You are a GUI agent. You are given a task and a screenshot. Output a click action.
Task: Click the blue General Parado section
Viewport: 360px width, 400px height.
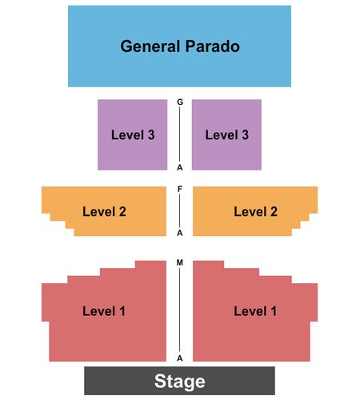click(x=179, y=46)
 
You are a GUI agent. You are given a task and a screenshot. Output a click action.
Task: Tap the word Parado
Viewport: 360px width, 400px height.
click(x=213, y=46)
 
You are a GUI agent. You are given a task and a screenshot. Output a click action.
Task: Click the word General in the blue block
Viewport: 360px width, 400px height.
click(x=150, y=46)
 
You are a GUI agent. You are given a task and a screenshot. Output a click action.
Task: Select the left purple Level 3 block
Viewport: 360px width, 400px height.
click(x=132, y=134)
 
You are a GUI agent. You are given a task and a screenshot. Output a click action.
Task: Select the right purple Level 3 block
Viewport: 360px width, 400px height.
click(x=226, y=134)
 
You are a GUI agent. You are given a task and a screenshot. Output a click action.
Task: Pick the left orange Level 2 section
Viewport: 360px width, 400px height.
click(x=106, y=211)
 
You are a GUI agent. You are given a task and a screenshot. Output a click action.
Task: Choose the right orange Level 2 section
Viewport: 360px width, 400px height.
click(x=253, y=211)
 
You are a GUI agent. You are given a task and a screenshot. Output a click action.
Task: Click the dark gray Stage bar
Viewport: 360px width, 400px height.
click(x=179, y=381)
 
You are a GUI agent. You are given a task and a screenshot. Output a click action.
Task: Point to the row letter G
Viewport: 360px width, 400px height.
click(x=180, y=102)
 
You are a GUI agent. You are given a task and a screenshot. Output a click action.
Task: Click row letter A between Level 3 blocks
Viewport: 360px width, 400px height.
click(x=180, y=167)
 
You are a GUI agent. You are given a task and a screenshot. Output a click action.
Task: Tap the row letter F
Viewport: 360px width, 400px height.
click(x=180, y=189)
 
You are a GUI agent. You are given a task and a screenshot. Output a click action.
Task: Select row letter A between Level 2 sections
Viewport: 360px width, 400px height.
click(x=180, y=233)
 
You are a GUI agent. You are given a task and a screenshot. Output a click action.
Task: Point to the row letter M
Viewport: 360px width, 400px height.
click(x=180, y=262)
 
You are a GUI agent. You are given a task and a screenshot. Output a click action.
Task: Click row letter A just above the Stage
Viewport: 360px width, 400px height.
click(x=180, y=358)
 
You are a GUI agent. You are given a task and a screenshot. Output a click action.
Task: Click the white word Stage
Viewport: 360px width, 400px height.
click(x=180, y=382)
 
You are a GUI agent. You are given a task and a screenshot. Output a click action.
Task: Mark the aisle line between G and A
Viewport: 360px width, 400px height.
click(x=179, y=134)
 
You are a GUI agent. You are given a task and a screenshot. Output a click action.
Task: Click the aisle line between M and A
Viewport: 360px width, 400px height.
click(x=179, y=310)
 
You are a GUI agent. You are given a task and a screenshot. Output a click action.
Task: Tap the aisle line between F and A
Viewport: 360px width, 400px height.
click(x=179, y=211)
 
